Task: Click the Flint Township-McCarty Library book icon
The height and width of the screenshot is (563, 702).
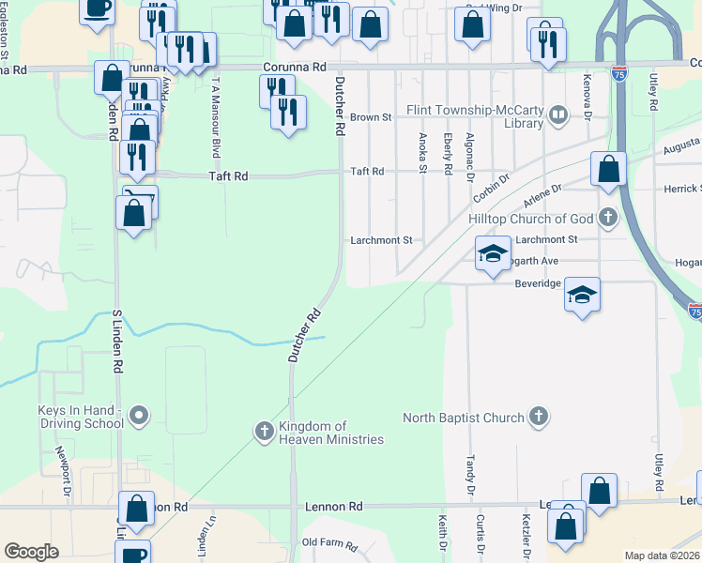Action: pos(558,115)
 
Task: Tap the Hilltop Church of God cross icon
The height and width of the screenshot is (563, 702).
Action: pos(608,219)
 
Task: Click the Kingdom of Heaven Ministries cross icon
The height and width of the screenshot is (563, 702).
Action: pos(265,432)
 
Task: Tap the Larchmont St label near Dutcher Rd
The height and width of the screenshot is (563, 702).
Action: pos(381,240)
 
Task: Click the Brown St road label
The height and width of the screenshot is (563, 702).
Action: pos(370,117)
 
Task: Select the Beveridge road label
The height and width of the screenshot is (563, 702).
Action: pos(538,282)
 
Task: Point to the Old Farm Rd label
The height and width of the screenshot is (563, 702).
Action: pos(329,544)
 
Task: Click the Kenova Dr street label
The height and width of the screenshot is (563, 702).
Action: pos(588,97)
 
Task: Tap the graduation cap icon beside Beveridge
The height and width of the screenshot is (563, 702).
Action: pos(582,296)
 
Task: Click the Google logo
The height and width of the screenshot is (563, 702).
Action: pos(31,552)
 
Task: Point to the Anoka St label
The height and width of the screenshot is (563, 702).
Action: pos(422,151)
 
